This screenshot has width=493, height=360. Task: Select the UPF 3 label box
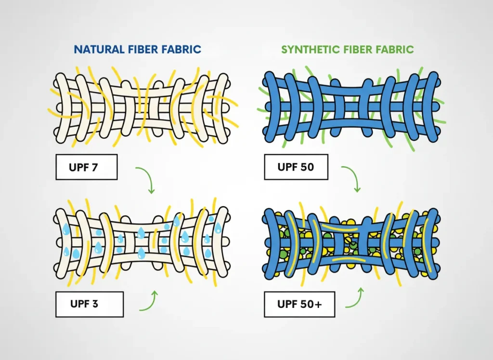coord(90,305)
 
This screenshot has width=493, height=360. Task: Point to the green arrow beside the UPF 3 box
coord(149,301)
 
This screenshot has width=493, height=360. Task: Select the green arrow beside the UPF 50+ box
coord(355,298)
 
